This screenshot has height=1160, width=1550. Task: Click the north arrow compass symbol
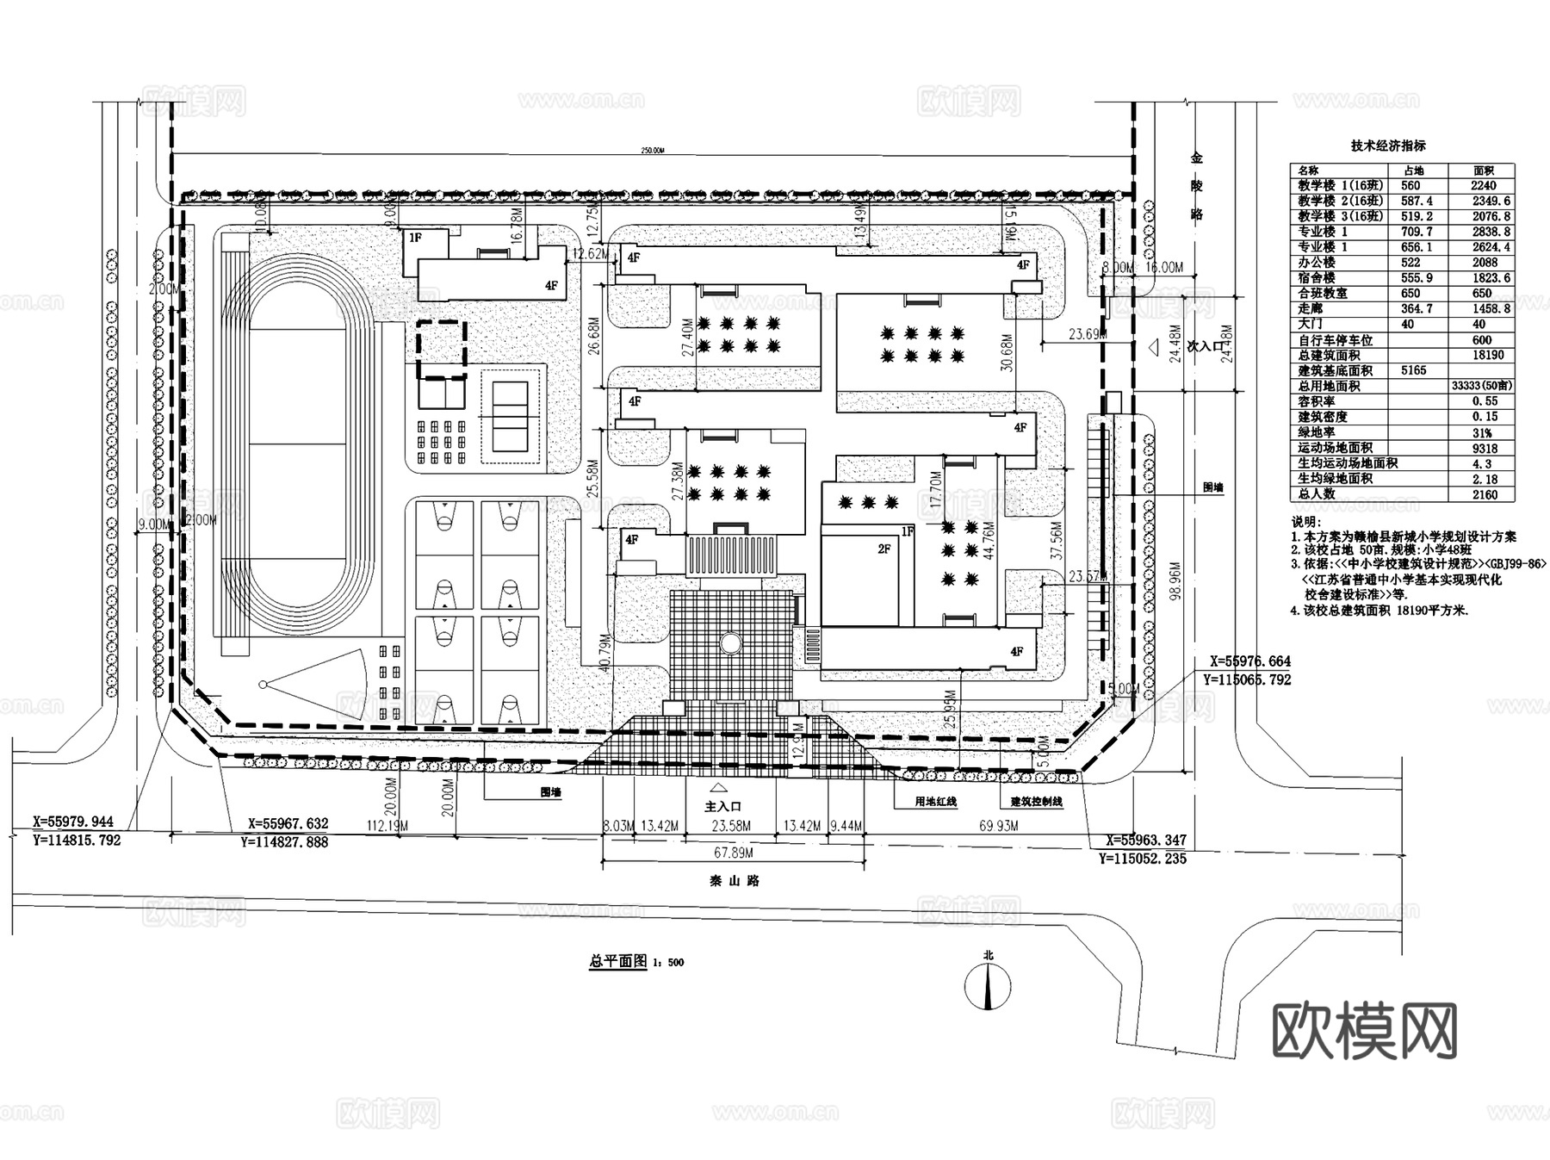989,987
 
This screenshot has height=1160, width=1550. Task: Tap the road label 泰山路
734,881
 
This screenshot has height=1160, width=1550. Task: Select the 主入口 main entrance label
722,806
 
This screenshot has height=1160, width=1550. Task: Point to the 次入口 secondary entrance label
1205,346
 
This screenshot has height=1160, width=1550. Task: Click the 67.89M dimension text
734,853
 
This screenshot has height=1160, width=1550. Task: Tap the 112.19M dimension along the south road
387,826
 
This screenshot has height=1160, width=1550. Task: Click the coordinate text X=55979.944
73,822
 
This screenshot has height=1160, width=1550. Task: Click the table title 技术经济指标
1387,146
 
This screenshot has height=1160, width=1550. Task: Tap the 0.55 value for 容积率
1485,401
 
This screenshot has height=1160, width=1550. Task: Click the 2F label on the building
883,549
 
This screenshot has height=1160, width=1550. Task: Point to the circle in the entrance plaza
730,642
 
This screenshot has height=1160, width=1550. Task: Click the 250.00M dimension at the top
653,151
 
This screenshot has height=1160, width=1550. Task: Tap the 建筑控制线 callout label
1036,802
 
